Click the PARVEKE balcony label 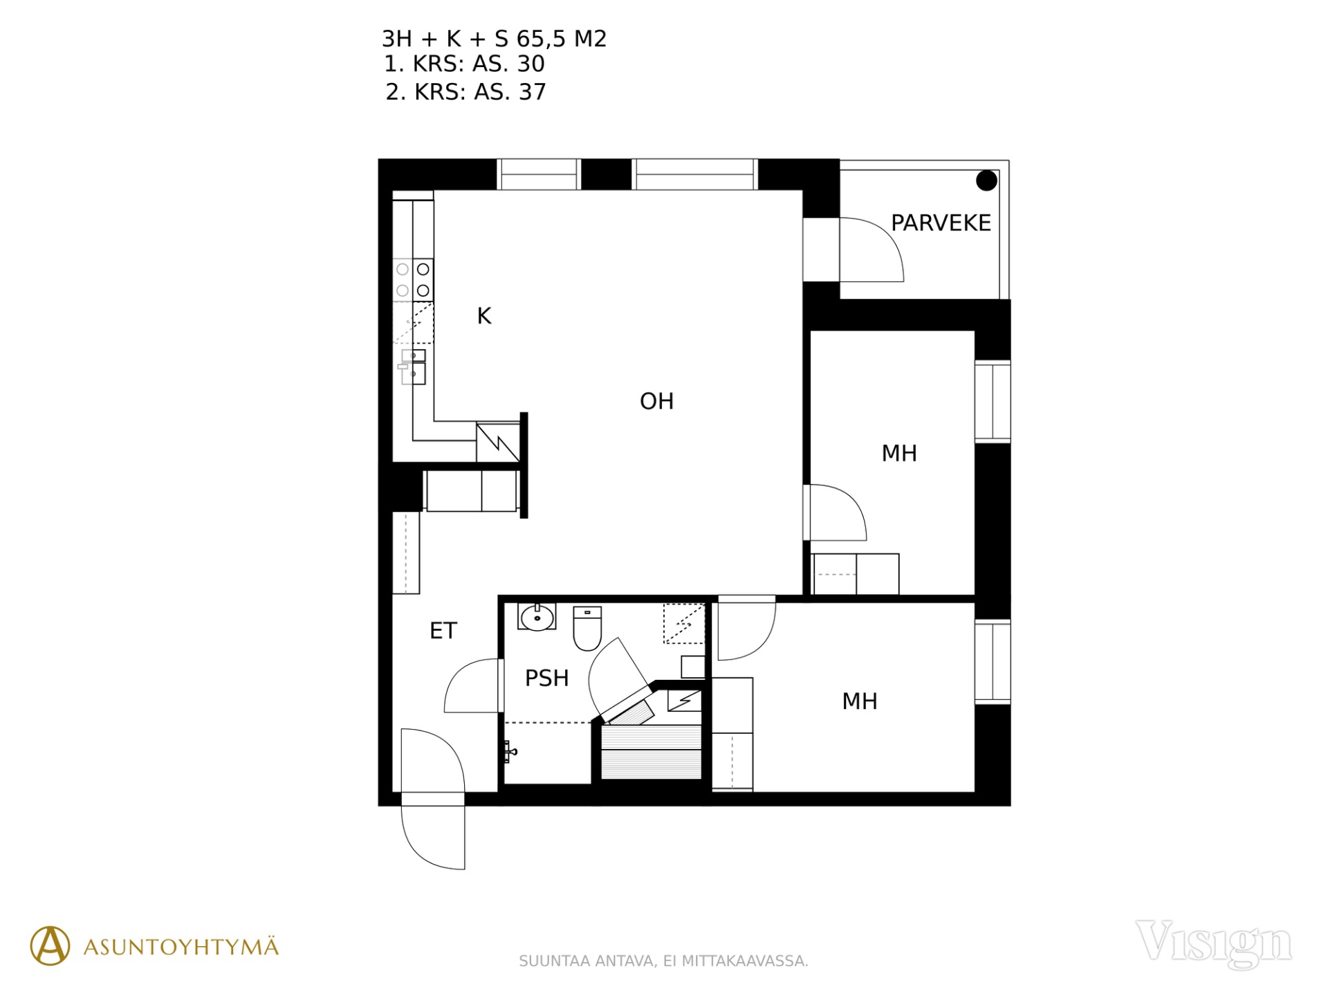click(x=941, y=223)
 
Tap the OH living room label click(x=656, y=401)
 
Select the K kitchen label click(x=484, y=316)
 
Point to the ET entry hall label click(x=443, y=631)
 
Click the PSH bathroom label click(x=546, y=678)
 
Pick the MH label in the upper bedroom click(x=899, y=454)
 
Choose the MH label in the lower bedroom click(x=860, y=701)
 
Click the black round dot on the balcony click(x=986, y=181)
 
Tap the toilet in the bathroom click(x=587, y=629)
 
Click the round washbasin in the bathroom click(x=537, y=617)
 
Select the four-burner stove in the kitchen click(x=413, y=279)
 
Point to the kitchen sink click(x=413, y=367)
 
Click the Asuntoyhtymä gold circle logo click(x=50, y=946)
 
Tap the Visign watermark click(x=1213, y=943)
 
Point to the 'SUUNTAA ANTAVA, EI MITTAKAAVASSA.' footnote click(x=663, y=961)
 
